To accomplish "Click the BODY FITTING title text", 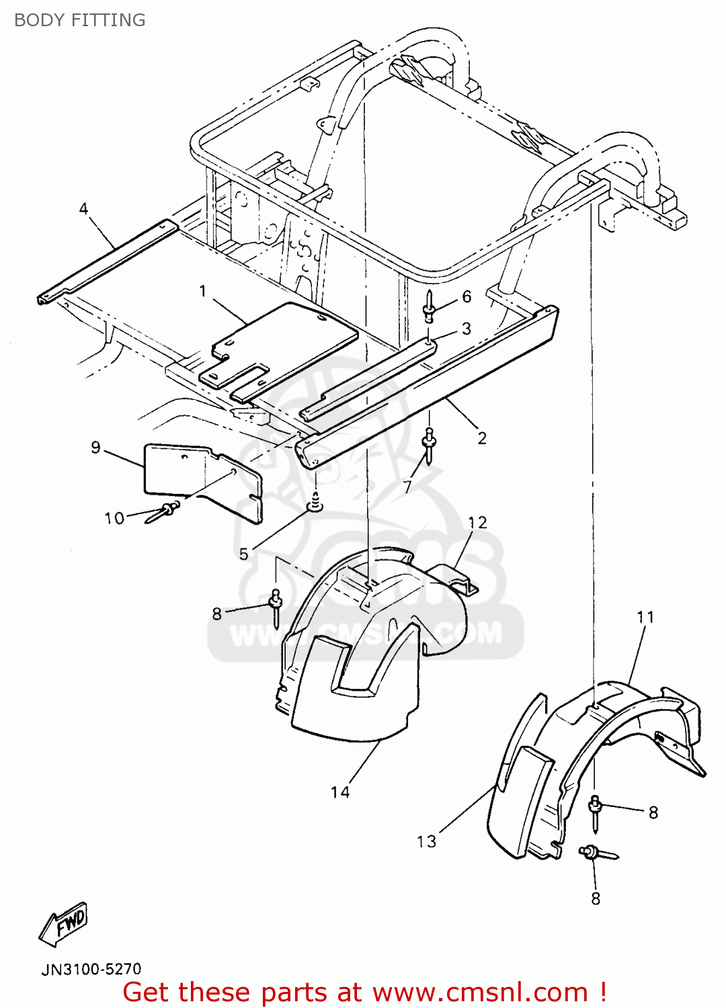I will point(79,20).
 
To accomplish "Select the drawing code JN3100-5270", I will point(91,969).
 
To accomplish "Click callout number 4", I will point(83,209).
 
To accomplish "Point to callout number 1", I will point(202,291).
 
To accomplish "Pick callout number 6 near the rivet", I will point(467,297).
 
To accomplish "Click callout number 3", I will point(467,329).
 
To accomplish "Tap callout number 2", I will point(482,438).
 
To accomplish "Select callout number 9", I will point(95,448).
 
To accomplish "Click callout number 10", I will point(114,518).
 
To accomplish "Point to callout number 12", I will point(477,523).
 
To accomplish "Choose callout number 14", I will point(340,793).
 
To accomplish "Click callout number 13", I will point(427,842).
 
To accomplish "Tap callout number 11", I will point(645,617).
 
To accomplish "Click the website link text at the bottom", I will point(480,992).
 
